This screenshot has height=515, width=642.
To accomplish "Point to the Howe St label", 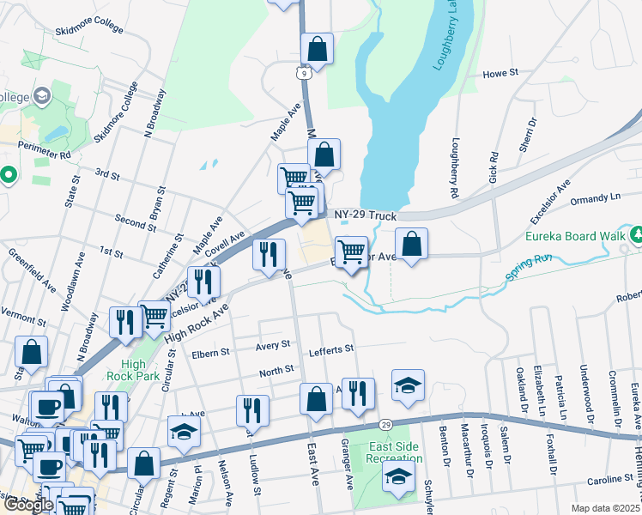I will [x=501, y=75].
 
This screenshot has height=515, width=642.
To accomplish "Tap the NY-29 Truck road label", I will [x=365, y=215].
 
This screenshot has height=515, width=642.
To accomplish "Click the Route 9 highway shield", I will [x=305, y=75].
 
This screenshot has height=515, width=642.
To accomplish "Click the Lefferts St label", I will [x=331, y=349].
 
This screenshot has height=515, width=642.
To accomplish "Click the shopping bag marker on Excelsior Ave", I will [x=412, y=244].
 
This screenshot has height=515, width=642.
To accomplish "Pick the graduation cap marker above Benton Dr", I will [x=408, y=385].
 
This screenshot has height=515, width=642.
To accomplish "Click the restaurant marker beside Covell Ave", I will [x=269, y=255].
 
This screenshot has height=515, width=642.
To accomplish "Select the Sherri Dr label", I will [x=527, y=135].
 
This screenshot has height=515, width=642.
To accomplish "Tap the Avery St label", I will [x=274, y=346].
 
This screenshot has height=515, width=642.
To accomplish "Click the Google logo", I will [x=28, y=505].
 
